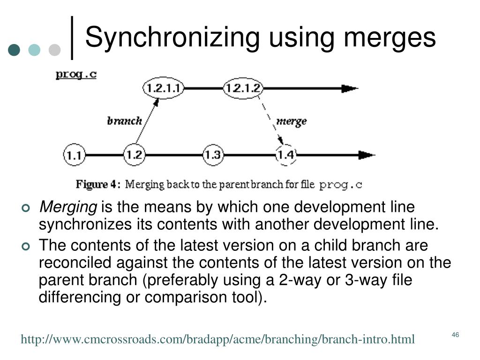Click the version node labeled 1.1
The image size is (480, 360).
coord(74,155)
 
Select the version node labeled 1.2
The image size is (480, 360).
coord(134,154)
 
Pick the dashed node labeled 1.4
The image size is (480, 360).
coord(285,154)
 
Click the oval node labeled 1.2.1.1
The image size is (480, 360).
coord(163,88)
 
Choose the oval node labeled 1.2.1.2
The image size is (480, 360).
coord(243,88)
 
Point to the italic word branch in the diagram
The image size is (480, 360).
coord(124,121)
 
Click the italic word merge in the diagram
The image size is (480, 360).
coord(292,121)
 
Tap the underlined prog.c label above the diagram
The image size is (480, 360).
coord(76,74)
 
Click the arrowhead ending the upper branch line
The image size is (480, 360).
coord(349,88)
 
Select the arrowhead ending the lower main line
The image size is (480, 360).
coord(366,155)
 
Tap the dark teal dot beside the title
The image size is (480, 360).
coord(15,50)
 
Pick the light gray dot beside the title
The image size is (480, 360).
coord(55,50)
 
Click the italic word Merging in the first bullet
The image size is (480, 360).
coord(67,207)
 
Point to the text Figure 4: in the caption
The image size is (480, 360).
coord(98,184)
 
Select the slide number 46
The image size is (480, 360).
coord(455,335)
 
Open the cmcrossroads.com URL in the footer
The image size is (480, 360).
coord(217,339)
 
